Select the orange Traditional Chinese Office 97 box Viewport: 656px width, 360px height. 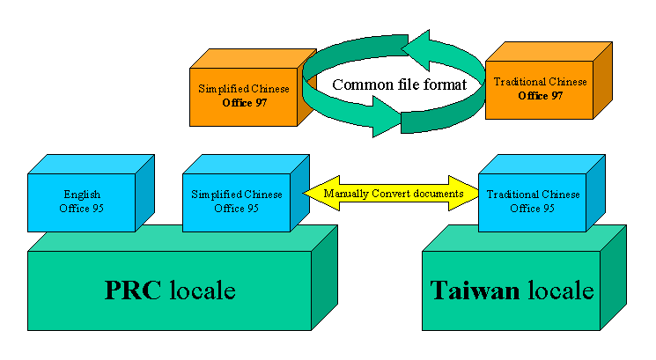pyautogui.click(x=539, y=89)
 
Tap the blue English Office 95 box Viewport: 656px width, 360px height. pyautogui.click(x=81, y=201)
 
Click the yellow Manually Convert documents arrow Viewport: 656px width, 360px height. pyautogui.click(x=393, y=194)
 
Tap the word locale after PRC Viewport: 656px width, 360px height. pyautogui.click(x=202, y=291)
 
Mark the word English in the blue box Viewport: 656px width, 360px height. pyautogui.click(x=82, y=195)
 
